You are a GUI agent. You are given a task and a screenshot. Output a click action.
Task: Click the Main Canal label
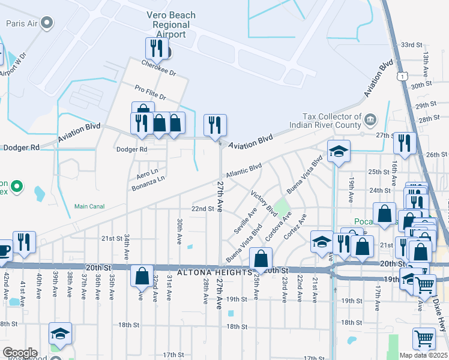tap(89, 206)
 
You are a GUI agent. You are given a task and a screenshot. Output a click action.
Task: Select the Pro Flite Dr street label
tap(150, 92)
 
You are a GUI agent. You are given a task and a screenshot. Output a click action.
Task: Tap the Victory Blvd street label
tap(264, 205)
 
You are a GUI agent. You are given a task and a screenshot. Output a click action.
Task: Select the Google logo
tap(19, 353)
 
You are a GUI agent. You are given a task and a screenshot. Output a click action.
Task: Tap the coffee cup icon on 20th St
tap(4, 252)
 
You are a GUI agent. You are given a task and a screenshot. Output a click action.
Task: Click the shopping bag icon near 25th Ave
tap(261, 260)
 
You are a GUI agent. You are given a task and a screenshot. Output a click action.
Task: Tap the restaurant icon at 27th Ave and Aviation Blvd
tap(215, 126)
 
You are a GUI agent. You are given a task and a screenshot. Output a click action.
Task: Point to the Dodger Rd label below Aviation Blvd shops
tap(131, 149)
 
